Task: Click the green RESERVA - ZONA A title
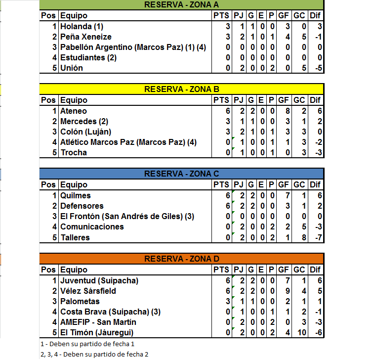coord(181,5)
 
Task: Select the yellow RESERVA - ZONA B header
coord(181,90)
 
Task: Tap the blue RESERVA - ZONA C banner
coord(181,174)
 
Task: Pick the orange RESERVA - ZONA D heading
coord(181,259)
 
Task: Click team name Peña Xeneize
coord(86,37)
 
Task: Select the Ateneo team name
coord(74,111)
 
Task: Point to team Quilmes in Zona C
coord(76,196)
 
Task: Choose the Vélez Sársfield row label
coord(88,291)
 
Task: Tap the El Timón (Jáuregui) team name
coord(96,332)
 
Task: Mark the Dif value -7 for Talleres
coord(318,237)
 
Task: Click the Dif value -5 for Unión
coord(318,68)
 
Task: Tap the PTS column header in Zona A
coord(221,16)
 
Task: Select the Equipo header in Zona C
coord(74,185)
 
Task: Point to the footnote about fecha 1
coord(87,344)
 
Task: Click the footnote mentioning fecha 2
coord(94,354)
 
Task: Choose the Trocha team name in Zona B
coord(74,153)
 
